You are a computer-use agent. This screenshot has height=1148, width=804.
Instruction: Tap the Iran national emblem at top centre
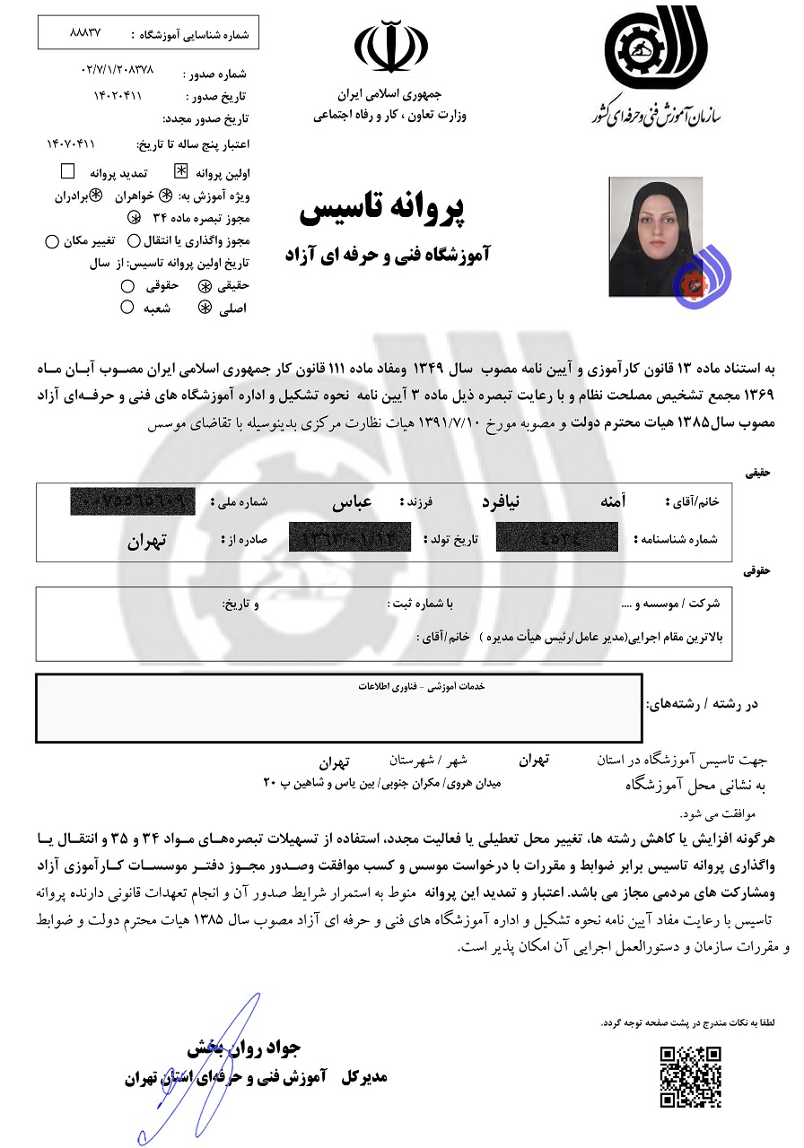pos(390,49)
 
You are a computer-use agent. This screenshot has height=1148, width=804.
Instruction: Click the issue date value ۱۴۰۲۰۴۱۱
pos(118,94)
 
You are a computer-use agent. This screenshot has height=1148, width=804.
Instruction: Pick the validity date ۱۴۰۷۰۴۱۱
pos(71,143)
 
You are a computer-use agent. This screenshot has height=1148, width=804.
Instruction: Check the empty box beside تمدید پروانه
pos(67,170)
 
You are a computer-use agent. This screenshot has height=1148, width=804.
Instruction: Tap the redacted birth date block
pos(351,539)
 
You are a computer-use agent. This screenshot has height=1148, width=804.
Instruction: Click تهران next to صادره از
pos(149,540)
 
